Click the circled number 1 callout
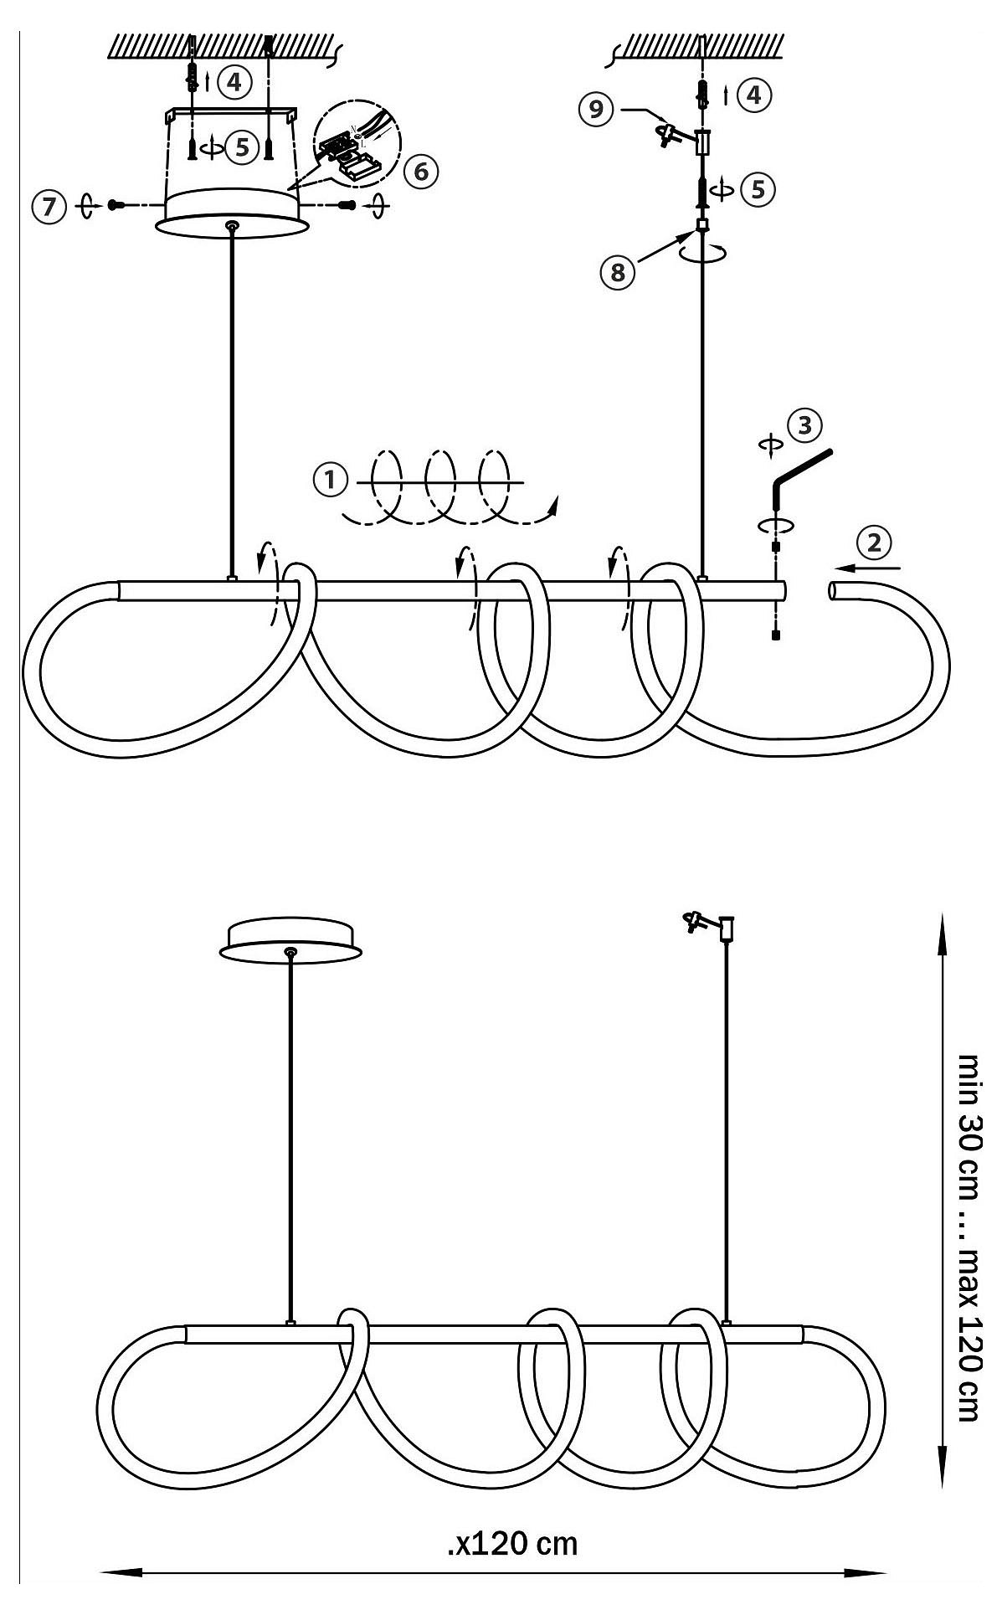click(x=330, y=481)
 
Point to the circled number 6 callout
click(x=419, y=171)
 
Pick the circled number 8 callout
click(x=617, y=273)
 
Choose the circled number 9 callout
click(x=595, y=111)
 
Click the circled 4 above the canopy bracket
click(x=234, y=81)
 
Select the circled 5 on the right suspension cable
click(x=758, y=189)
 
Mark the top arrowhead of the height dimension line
click(x=942, y=930)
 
